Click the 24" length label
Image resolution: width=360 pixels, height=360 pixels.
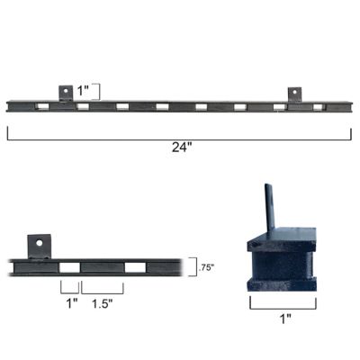pyautogui.click(x=182, y=148)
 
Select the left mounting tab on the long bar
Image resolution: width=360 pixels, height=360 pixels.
pyautogui.click(x=66, y=94)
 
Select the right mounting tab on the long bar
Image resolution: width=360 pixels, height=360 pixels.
pyautogui.click(x=294, y=94)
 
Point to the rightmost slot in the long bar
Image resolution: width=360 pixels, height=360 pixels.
pyautogui.click(x=319, y=106)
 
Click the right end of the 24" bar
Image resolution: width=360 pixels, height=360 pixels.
pyautogui.click(x=351, y=106)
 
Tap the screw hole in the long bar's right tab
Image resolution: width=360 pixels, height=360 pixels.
pyautogui.click(x=294, y=91)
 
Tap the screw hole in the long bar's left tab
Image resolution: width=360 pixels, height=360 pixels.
pyautogui.click(x=66, y=91)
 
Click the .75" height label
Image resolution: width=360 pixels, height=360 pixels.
pyautogui.click(x=205, y=266)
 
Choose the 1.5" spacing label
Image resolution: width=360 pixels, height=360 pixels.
pyautogui.click(x=102, y=303)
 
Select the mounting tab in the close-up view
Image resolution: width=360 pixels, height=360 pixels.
pyautogui.click(x=39, y=245)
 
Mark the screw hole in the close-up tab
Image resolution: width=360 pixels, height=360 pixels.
pyautogui.click(x=39, y=241)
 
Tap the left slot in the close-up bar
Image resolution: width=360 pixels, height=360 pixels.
pyautogui.click(x=69, y=267)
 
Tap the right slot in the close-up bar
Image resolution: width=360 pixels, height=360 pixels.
pyautogui.click(x=134, y=267)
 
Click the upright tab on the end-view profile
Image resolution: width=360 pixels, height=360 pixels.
pyautogui.click(x=267, y=206)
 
